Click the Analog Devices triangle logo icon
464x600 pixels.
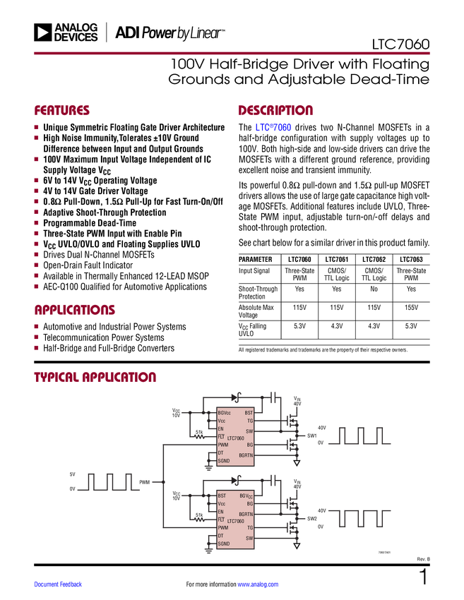point(43,32)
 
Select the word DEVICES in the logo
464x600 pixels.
point(76,37)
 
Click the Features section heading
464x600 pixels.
point(62,111)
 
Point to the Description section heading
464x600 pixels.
point(276,111)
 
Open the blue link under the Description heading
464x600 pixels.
point(273,128)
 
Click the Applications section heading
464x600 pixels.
point(75,310)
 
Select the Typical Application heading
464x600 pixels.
point(95,377)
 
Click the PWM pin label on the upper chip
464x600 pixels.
point(223,445)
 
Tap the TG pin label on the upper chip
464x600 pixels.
point(249,420)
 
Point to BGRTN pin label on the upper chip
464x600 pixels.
point(246,455)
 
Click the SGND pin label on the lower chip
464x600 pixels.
point(224,544)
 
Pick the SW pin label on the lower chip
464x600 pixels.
point(249,538)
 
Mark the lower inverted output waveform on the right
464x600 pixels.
point(359,519)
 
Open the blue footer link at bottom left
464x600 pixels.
point(59,584)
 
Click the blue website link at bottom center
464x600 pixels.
point(258,584)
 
